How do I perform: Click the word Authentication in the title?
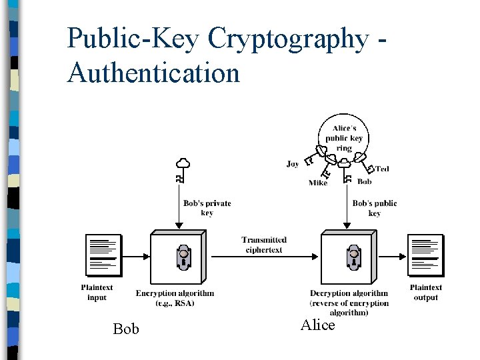tap(153, 72)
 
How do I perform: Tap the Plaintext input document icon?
tap(103, 256)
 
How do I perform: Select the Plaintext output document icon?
tap(425, 256)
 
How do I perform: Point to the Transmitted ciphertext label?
tap(265, 245)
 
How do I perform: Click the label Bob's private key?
tap(207, 208)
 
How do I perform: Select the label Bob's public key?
tap(375, 208)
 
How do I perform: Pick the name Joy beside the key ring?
tap(293, 164)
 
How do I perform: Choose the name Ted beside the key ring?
tap(382, 169)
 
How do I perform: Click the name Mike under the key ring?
tap(318, 183)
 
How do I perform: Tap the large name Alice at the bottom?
tap(317, 325)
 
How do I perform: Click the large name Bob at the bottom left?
tap(126, 329)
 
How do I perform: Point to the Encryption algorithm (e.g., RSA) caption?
tap(175, 298)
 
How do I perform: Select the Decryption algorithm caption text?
tap(349, 303)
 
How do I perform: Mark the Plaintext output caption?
tap(425, 293)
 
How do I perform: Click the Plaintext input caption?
tap(97, 293)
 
